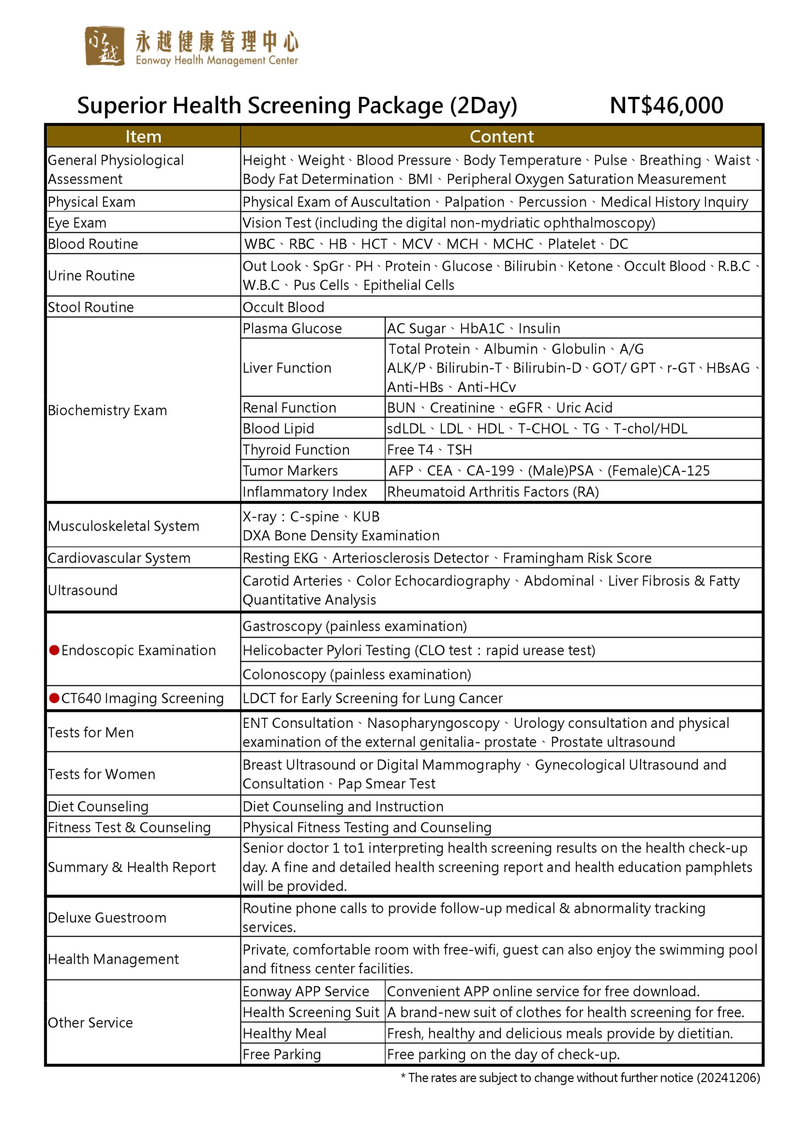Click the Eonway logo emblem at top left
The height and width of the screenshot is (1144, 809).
coord(104,46)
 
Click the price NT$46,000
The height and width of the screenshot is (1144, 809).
coord(666,105)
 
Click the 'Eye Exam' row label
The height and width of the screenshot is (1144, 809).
coord(77,223)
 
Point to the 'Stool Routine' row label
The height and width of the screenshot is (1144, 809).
coord(91,307)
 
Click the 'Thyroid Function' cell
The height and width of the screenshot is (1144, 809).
coord(296,450)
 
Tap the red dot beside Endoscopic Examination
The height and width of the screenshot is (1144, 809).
coord(54,650)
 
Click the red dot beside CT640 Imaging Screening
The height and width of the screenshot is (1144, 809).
coord(54,698)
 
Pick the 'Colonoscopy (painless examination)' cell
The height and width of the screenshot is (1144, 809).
coord(356,674)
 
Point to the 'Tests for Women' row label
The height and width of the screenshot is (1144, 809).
coord(101,774)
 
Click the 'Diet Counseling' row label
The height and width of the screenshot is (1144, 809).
coord(98,806)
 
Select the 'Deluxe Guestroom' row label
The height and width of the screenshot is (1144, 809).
coord(107,917)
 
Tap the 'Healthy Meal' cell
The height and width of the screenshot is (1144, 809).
coord(285,1033)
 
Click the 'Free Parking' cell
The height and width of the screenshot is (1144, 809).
coord(282,1054)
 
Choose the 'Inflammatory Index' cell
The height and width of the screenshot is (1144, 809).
coord(305,492)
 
